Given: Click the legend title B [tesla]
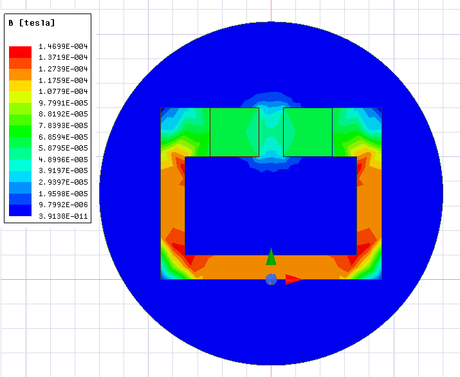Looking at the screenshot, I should (x=32, y=23).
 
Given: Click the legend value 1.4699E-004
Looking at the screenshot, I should (x=63, y=47).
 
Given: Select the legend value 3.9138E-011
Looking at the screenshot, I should (x=63, y=216).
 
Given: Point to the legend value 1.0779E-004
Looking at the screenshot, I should (x=63, y=92).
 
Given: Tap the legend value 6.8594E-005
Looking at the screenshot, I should (x=63, y=137).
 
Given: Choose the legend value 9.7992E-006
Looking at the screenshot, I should (x=63, y=205).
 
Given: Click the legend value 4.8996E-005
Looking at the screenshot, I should (x=63, y=160).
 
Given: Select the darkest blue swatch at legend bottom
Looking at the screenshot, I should (x=19, y=210).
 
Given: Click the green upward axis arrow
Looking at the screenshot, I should (x=271, y=257).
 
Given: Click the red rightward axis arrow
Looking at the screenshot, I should (x=293, y=279).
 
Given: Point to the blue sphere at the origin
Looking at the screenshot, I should (x=271, y=279).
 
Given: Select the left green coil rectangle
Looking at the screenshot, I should (x=234, y=132).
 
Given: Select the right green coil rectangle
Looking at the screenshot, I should (x=308, y=132).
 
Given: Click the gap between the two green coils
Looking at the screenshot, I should (x=271, y=132).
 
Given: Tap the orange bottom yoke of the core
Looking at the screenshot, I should (x=270, y=267).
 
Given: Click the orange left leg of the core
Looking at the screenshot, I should (x=172, y=206).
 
